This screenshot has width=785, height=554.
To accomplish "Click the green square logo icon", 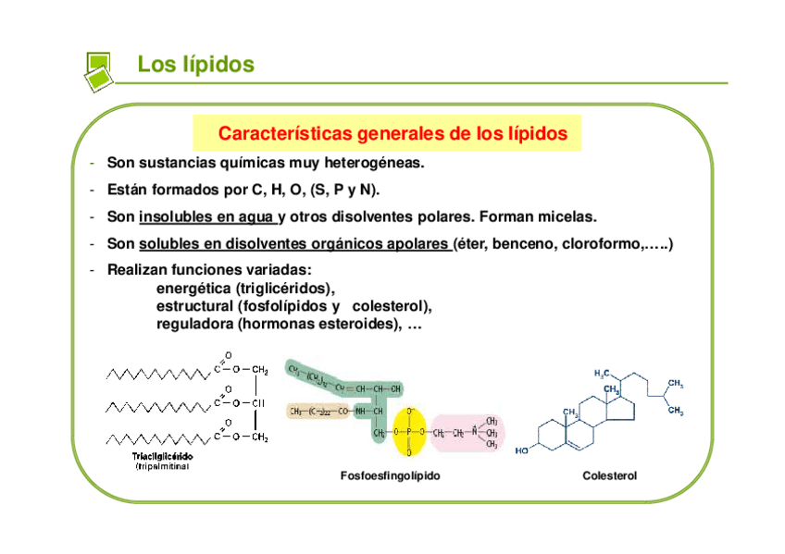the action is (x=97, y=68).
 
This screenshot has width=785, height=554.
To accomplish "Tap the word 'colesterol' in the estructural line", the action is (x=393, y=305).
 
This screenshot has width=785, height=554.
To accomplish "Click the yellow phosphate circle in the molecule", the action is (x=408, y=431).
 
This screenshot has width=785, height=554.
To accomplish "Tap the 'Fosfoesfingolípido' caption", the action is (x=390, y=475).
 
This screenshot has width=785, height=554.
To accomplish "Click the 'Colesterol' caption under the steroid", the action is (x=609, y=475).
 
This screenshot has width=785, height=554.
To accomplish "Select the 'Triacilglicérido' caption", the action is (x=161, y=456).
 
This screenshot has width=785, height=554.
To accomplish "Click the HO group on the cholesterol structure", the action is (x=523, y=450).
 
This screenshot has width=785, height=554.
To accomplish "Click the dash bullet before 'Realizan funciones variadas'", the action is (x=93, y=270).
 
